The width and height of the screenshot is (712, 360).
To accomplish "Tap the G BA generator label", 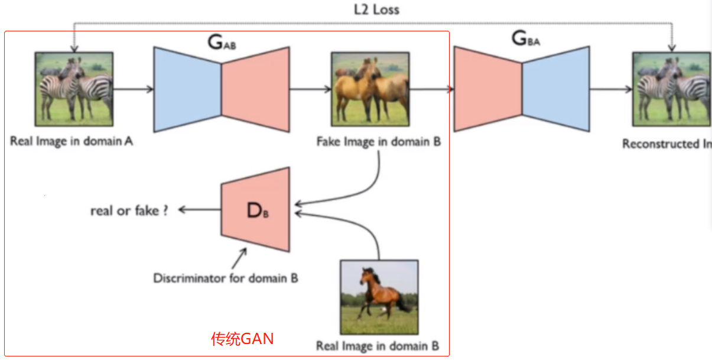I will [x=525, y=39].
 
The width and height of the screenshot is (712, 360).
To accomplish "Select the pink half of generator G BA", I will [x=487, y=89].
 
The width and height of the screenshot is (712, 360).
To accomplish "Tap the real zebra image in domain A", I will [x=74, y=89].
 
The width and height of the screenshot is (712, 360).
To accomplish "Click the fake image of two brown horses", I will [x=370, y=89].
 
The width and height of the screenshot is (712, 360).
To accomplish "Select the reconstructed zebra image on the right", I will [x=671, y=89].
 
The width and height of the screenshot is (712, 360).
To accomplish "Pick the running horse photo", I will [x=379, y=297].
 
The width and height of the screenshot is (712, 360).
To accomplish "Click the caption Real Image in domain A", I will [x=71, y=141].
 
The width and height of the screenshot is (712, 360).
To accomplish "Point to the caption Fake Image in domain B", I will [x=378, y=142].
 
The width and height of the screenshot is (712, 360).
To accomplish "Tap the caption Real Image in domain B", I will [x=378, y=346].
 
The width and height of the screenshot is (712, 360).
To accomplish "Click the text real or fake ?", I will [x=129, y=210].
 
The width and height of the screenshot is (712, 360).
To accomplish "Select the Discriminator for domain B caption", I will [x=225, y=277].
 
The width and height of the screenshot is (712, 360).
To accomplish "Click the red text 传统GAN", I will [x=242, y=339].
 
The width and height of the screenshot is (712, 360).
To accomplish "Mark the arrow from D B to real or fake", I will [x=199, y=209].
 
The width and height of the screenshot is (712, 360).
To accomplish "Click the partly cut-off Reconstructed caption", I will [x=667, y=144].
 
